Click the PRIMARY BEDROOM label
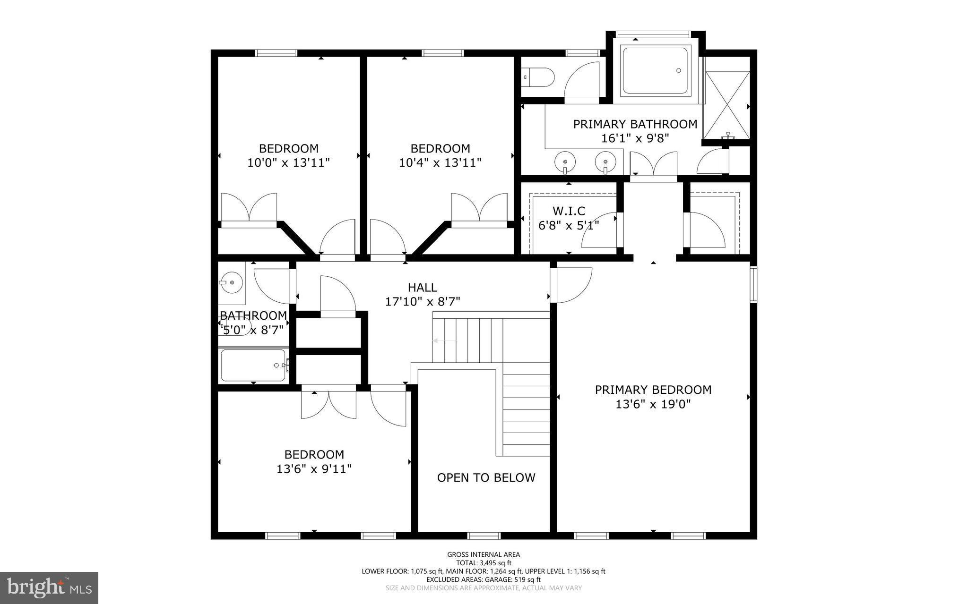click(653, 390)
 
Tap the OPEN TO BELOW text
click(486, 477)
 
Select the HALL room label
click(422, 287)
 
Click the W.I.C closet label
click(569, 211)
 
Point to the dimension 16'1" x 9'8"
click(635, 138)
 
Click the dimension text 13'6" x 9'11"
click(314, 469)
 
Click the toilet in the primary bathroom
click(538, 77)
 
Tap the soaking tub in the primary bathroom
click(655, 71)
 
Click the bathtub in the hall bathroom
click(253, 365)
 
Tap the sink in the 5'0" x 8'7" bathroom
click(231, 282)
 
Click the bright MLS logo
click(49, 587)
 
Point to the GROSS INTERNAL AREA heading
click(484, 554)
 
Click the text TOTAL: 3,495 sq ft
click(484, 563)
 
